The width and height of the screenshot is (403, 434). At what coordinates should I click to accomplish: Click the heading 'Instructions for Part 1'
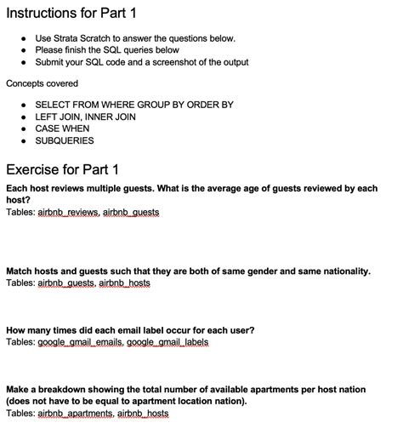[71, 14]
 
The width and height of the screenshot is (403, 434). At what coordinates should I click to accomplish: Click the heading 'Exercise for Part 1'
[63, 168]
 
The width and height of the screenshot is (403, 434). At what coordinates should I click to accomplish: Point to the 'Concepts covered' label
[42, 83]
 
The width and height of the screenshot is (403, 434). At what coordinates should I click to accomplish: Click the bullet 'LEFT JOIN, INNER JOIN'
[85, 117]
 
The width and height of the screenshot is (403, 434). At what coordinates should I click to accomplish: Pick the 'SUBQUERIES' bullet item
[65, 140]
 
